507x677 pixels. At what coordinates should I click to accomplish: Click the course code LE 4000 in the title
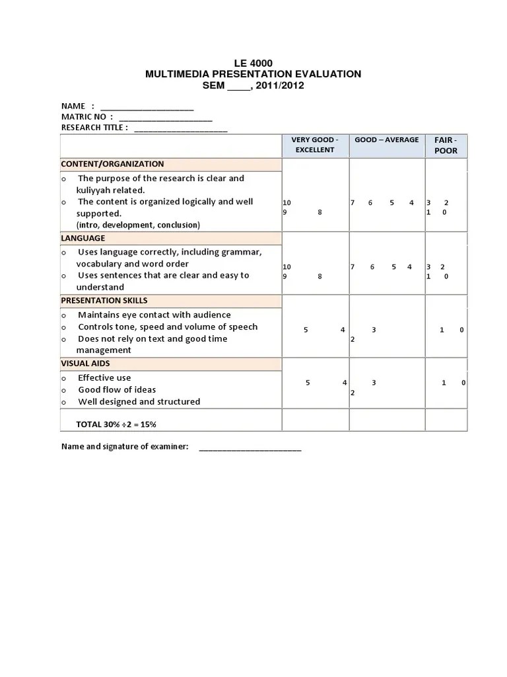tap(253, 63)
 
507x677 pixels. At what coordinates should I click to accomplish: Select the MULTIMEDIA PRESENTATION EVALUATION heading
tap(253, 74)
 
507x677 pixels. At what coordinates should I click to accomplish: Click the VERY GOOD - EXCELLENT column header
tap(315, 145)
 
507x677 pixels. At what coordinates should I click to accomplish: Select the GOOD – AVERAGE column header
tap(386, 140)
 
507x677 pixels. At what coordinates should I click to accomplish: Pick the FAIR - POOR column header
tap(446, 145)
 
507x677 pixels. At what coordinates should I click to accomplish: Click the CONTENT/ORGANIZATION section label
tap(112, 164)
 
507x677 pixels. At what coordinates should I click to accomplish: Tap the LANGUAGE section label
tap(83, 238)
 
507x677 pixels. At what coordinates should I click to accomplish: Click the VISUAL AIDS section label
tap(86, 363)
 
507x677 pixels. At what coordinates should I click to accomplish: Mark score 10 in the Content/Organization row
tap(287, 203)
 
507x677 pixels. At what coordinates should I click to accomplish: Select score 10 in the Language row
tap(287, 267)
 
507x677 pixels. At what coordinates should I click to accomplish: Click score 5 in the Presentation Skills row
tap(306, 330)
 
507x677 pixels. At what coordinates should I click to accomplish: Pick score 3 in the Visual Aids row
tap(374, 383)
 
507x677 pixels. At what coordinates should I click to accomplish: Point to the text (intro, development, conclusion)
tap(138, 225)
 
